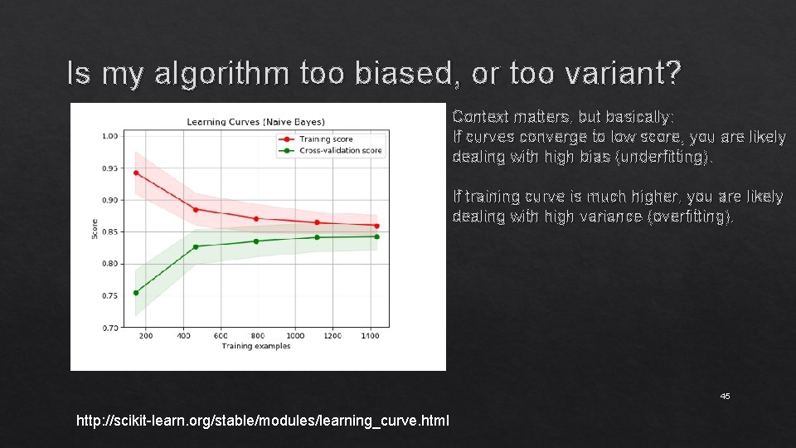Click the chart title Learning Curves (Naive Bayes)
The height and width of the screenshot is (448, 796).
coord(255,122)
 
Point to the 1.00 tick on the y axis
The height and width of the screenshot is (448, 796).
coord(109,136)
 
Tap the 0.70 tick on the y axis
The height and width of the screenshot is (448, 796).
coord(109,329)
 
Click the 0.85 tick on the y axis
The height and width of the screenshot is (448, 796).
coord(109,232)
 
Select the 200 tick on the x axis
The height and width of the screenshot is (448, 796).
coord(146,336)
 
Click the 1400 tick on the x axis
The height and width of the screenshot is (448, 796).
coord(370,336)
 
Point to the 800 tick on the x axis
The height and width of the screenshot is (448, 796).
coord(258,336)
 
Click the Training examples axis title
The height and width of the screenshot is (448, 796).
coord(256,346)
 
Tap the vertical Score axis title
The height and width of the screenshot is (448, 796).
coord(95,229)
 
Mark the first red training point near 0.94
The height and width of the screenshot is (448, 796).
coord(136,173)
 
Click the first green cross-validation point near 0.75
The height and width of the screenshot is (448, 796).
coord(136,292)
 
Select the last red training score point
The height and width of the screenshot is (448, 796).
coord(376,226)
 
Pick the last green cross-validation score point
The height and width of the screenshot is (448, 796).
coord(376,236)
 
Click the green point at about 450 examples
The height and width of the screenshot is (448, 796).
coord(196,246)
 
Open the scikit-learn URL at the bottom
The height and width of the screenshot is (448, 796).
coord(262,421)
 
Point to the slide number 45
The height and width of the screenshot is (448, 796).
coord(725,397)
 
